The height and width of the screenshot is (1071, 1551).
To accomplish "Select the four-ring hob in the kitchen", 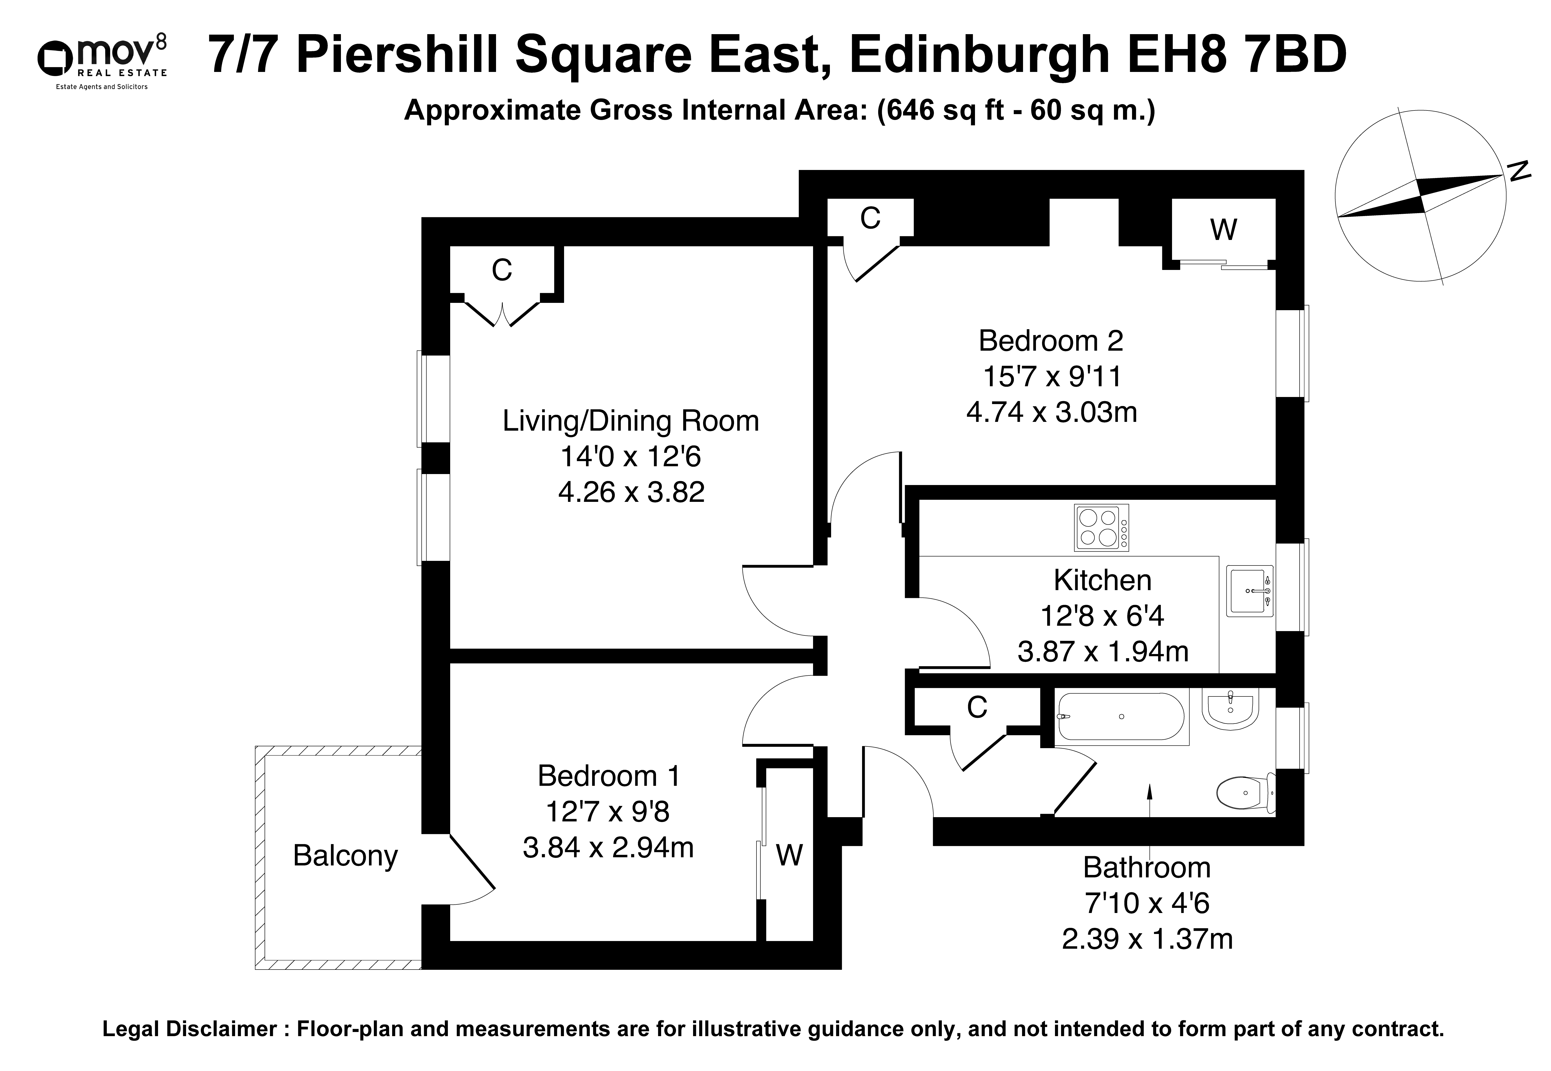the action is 1101,527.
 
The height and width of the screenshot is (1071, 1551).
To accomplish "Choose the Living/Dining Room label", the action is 631,421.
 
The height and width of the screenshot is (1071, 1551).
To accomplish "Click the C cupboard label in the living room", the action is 502,270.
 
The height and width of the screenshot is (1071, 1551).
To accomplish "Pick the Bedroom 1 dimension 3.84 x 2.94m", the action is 608,848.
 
